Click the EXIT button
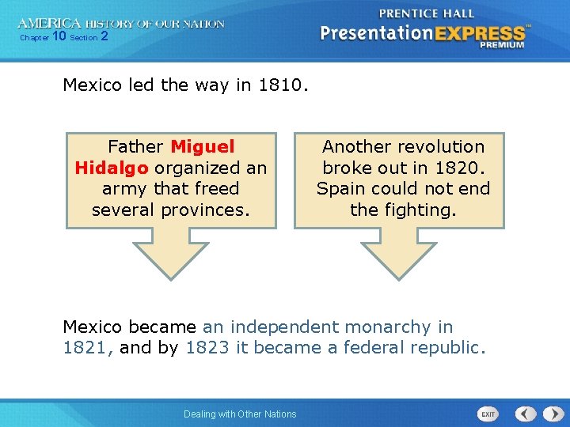(x=488, y=414)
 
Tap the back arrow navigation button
(x=526, y=414)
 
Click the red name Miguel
(x=203, y=147)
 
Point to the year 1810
(x=280, y=85)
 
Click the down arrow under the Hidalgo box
(x=169, y=253)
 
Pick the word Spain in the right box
(x=341, y=189)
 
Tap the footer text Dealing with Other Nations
(x=240, y=414)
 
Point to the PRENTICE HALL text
(x=427, y=13)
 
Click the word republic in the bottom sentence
(x=449, y=348)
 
